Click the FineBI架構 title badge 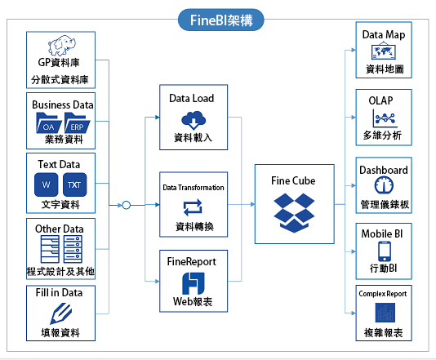click(220, 20)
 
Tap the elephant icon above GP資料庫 click(62, 45)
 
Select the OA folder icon click(48, 123)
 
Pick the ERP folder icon click(77, 123)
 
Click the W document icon click(47, 184)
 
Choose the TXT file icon click(74, 184)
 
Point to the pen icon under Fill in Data click(61, 313)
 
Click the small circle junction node click(127, 205)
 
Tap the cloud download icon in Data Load click(194, 120)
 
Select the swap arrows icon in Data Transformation click(193, 207)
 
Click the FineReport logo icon click(194, 283)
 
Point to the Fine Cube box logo click(294, 213)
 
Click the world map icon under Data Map click(384, 51)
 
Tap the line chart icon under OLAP click(384, 118)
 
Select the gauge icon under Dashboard click(384, 185)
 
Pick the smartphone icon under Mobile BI click(385, 251)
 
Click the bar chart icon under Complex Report click(385, 313)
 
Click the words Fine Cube click(293, 180)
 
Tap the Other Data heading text click(60, 229)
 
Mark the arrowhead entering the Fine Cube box click(253, 205)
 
